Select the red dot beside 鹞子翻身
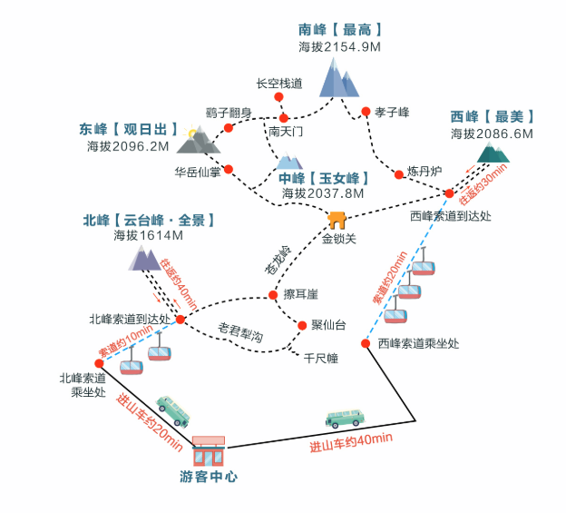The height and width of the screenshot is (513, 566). point(229,128)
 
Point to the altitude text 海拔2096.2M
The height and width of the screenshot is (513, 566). point(128,145)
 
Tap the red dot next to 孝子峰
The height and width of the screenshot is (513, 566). point(366,112)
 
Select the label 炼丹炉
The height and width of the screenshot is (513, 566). point(424,171)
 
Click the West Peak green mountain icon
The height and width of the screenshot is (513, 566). point(493,152)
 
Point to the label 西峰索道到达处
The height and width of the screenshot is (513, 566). point(450,215)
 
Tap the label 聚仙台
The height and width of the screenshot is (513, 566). point(328,325)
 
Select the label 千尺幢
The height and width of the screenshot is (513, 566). point(319,359)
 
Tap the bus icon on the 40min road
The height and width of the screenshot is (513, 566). point(346,418)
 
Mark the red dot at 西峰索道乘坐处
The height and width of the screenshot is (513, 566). point(366,343)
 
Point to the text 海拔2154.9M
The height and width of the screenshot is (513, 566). point(339,45)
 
